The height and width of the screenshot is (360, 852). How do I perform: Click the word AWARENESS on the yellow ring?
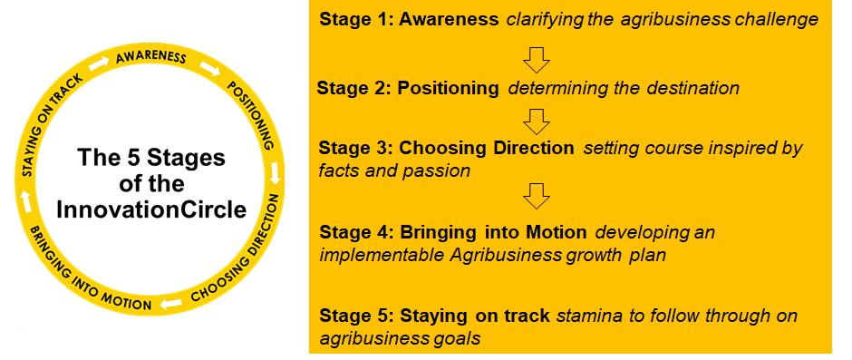(151, 59)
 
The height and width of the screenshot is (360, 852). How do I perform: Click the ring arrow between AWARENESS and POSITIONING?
(211, 69)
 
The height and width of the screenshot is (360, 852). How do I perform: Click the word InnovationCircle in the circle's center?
(151, 209)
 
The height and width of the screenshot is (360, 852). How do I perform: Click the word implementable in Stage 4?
(382, 255)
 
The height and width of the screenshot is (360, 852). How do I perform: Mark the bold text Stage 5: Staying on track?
(435, 316)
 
